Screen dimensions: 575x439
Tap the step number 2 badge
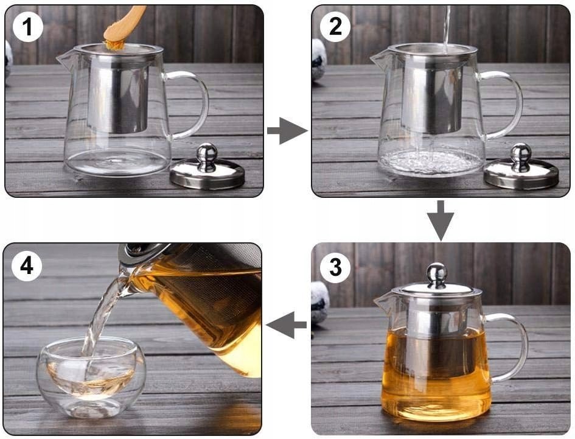pyautogui.click(x=335, y=26)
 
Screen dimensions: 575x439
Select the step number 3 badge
pyautogui.click(x=335, y=267)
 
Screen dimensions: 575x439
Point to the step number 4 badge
pyautogui.click(x=27, y=265)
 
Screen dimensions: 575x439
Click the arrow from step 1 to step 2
pyautogui.click(x=287, y=131)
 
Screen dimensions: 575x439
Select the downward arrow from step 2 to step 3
pyautogui.click(x=441, y=220)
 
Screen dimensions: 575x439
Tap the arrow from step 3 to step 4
pyautogui.click(x=286, y=325)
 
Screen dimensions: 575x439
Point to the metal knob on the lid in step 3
pyautogui.click(x=437, y=275)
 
